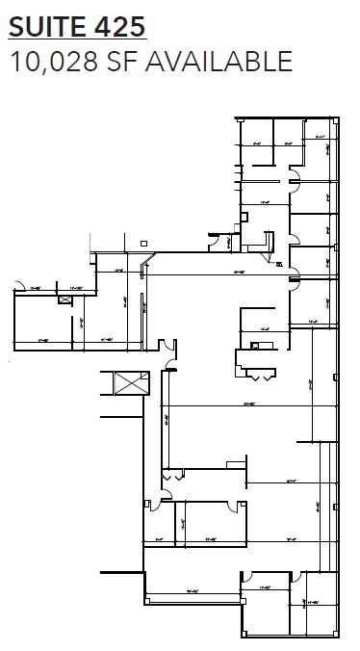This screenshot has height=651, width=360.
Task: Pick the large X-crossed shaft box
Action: [128, 382]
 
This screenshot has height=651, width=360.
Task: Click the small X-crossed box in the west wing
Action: [65, 299]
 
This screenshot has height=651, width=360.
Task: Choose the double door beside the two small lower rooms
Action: [172, 473]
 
